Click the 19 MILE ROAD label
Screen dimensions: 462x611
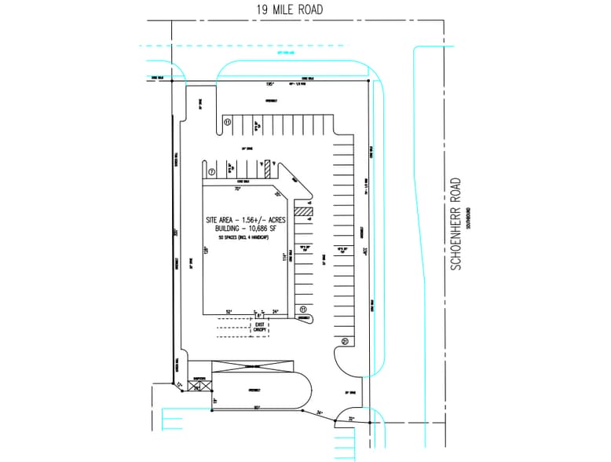coord(290,9)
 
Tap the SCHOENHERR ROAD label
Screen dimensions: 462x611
coord(456,225)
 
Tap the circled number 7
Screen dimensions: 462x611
coord(211,172)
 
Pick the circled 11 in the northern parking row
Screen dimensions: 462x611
coord(227,123)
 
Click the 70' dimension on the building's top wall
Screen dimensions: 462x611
coord(236,189)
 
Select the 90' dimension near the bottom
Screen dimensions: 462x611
coord(256,407)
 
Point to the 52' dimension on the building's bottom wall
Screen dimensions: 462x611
coord(229,311)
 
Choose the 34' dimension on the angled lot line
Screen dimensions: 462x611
coord(320,412)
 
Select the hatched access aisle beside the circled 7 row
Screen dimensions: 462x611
coord(267,168)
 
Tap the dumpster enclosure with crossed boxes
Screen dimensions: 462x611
coord(193,385)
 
